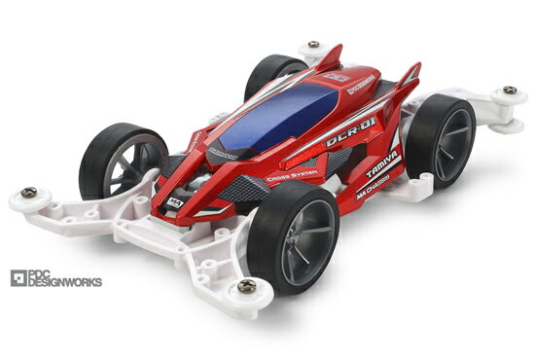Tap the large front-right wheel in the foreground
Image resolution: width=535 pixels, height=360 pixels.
(293, 238)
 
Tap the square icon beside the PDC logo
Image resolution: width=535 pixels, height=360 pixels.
(16, 278)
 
